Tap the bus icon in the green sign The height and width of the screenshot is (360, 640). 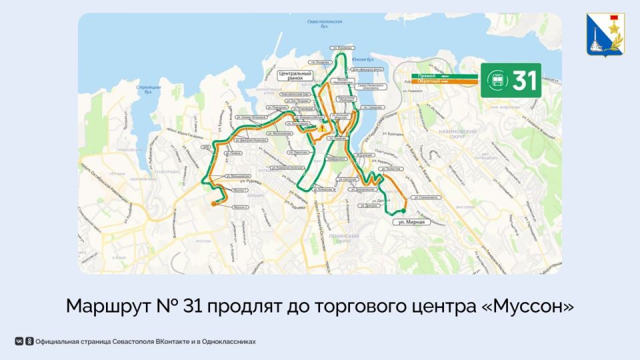[498, 81]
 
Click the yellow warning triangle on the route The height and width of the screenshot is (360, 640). [321, 128]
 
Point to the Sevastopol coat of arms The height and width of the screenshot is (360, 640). [605, 37]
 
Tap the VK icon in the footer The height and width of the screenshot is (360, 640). [19, 341]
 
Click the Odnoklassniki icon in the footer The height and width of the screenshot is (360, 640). [29, 341]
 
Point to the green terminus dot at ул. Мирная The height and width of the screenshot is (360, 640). [403, 211]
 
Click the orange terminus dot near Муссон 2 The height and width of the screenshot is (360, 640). [213, 203]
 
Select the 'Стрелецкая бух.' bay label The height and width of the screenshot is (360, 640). [145, 89]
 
